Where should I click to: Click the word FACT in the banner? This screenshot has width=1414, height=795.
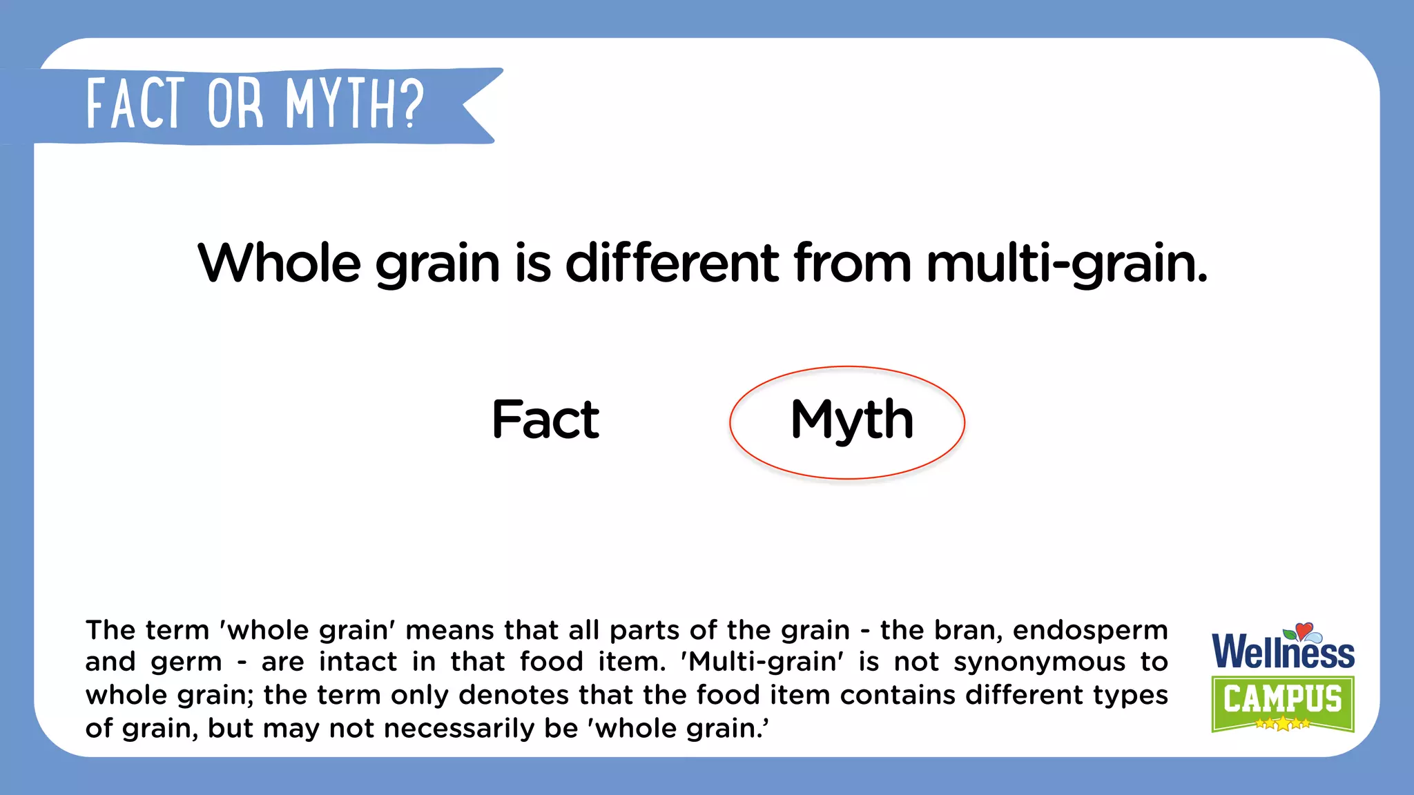pyautogui.click(x=135, y=104)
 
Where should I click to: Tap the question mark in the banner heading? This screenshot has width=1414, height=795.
pyautogui.click(x=411, y=104)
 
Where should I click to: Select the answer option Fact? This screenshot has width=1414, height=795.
pyautogui.click(x=545, y=420)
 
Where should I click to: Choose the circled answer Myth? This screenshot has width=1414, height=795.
pyautogui.click(x=851, y=420)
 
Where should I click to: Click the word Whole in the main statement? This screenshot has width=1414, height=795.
pyautogui.click(x=279, y=263)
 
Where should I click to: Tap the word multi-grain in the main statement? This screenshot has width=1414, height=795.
pyautogui.click(x=1067, y=264)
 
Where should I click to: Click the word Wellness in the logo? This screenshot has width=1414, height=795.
pyautogui.click(x=1282, y=652)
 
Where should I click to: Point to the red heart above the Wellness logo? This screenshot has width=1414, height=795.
pyautogui.click(x=1304, y=629)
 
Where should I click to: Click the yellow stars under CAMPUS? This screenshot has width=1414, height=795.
pyautogui.click(x=1282, y=723)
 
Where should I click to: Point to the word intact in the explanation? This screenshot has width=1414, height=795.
pyautogui.click(x=358, y=662)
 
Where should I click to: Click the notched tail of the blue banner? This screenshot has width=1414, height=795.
pyautogui.click(x=480, y=105)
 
